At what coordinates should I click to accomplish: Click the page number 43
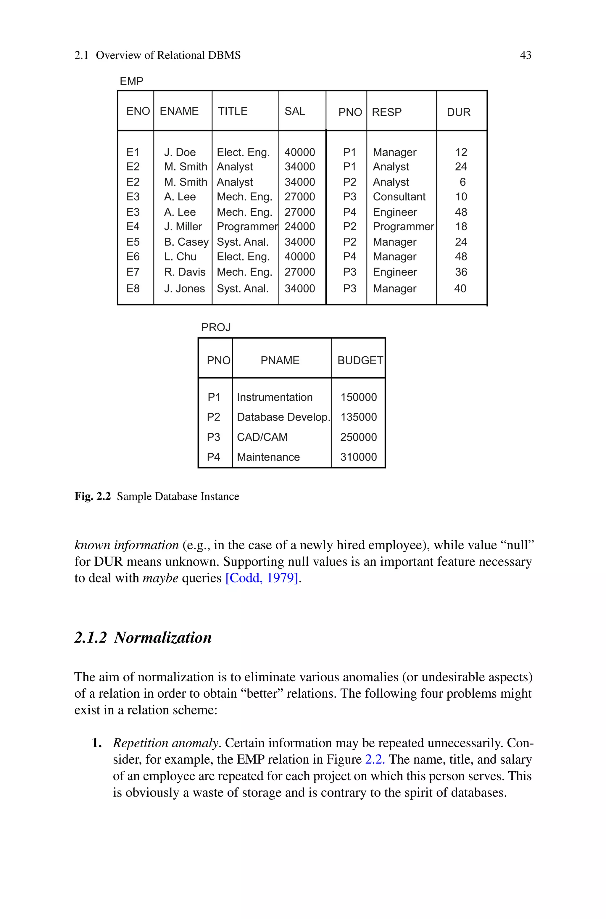coord(525,55)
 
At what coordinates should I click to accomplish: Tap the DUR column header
coord(458,112)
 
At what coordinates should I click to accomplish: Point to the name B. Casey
coord(186,242)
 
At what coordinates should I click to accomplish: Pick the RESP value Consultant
coord(399,197)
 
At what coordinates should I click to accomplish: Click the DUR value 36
coord(461,272)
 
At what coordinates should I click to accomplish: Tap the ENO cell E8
coord(133,289)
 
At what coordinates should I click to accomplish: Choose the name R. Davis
coord(184,272)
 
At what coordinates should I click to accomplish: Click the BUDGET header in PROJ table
coord(360,360)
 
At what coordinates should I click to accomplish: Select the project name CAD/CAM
coord(262,437)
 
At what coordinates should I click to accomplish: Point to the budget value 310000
coord(358,457)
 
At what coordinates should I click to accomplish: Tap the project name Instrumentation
coord(274,397)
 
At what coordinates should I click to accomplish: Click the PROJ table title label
coord(216,327)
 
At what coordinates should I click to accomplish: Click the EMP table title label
coord(131,82)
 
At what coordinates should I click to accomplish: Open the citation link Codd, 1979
coord(262,578)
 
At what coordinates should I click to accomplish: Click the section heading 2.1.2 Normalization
coord(143,638)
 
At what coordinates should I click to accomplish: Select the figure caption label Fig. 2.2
coord(92,496)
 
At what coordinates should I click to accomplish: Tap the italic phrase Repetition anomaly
coord(166,743)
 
